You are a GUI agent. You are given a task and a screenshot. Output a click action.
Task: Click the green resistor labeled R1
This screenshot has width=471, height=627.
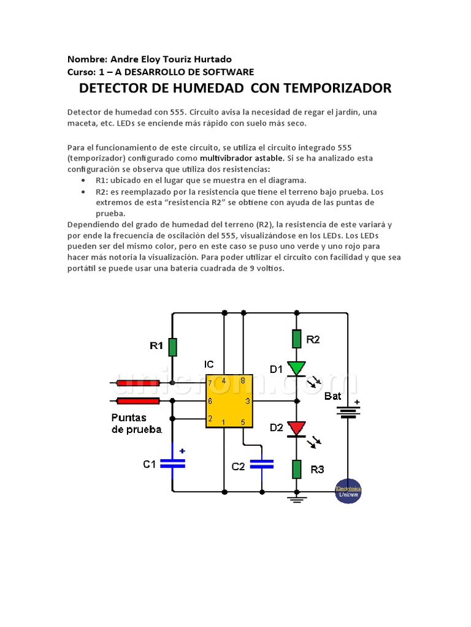point(173,346)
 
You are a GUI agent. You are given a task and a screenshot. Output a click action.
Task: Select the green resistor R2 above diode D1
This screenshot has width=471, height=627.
point(297,339)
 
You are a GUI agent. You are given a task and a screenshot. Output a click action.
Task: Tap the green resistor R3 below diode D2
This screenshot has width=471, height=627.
point(297,470)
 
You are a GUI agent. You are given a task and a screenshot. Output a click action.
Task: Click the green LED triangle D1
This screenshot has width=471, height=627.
point(297,368)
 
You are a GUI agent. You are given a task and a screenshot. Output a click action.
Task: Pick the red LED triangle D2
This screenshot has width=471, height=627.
point(297,427)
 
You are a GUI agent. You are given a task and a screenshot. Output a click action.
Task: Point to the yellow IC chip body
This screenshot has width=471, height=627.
point(228,401)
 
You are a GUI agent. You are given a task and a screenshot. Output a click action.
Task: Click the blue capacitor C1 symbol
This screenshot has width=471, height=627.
point(172,463)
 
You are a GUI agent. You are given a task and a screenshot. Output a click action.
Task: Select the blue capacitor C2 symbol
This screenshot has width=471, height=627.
point(262,465)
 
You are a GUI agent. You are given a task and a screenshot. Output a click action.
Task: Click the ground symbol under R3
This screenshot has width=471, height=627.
point(297,498)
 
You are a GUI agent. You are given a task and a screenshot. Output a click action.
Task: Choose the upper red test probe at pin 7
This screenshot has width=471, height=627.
point(139,383)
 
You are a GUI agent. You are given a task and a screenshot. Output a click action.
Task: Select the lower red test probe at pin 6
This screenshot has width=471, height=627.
point(139,401)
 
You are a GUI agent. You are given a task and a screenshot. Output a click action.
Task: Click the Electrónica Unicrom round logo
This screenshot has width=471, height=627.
point(348,490)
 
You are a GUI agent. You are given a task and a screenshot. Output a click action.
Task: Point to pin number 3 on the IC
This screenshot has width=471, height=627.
point(247,402)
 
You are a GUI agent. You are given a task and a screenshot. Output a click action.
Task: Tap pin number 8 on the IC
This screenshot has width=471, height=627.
point(243,381)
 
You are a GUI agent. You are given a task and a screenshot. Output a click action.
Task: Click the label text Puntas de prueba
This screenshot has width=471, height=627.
point(136,423)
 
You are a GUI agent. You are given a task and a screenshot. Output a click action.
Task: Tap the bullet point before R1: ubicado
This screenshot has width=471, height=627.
point(83,181)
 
